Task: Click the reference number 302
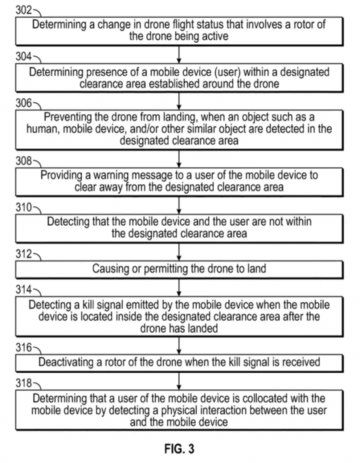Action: tap(23, 10)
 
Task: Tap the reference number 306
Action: tap(23, 103)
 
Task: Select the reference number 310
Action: tap(23, 207)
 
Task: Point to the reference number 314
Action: tap(23, 289)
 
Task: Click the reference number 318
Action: tap(23, 383)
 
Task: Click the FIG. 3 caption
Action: tap(179, 448)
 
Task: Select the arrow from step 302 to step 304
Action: tap(178, 54)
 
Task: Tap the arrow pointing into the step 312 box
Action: tap(178, 252)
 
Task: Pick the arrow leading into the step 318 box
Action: tap(178, 381)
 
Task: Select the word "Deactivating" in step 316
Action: tap(66, 362)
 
